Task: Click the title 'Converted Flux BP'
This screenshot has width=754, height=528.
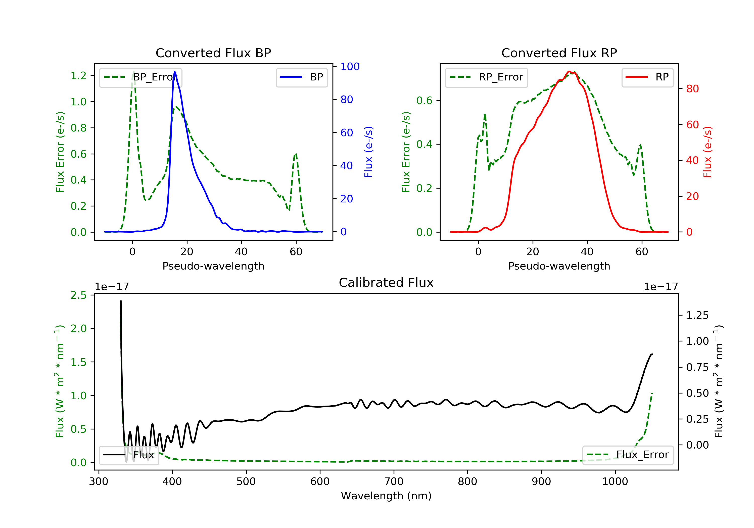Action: [x=213, y=53]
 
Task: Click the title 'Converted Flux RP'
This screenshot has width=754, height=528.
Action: [x=559, y=53]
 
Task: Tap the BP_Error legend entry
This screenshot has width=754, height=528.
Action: [x=140, y=77]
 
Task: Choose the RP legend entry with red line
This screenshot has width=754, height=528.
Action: [x=647, y=77]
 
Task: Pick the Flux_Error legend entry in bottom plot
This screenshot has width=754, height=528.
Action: [x=628, y=455]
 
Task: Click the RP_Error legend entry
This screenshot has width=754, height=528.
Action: [x=486, y=77]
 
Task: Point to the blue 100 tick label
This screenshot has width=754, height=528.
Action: [x=350, y=67]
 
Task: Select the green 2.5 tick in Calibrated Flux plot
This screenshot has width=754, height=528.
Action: [x=78, y=295]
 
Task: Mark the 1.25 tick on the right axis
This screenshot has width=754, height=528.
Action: [x=697, y=316]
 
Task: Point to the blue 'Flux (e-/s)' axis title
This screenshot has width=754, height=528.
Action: [x=368, y=152]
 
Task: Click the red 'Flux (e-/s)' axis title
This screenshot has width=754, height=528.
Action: [x=707, y=152]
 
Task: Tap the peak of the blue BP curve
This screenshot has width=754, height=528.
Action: [x=174, y=71]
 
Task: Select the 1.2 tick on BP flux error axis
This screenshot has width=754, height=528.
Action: [x=78, y=76]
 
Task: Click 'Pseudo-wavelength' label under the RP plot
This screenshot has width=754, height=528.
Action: [x=559, y=266]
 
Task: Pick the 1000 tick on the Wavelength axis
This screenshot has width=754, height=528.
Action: [x=615, y=482]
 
